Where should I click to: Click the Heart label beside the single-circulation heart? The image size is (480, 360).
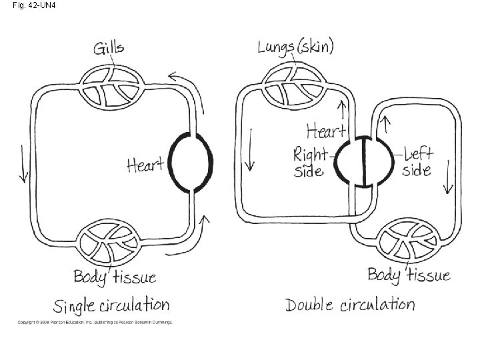(x=145, y=163)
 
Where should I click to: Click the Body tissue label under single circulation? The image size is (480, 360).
(x=115, y=276)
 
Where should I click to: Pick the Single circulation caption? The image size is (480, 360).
(x=111, y=307)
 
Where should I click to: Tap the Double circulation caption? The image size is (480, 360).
(x=350, y=305)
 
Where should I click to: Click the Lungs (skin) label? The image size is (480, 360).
(x=296, y=47)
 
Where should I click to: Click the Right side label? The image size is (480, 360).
(x=311, y=163)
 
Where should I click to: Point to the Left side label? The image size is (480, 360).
(x=417, y=162)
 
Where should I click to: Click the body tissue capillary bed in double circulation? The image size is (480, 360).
(x=407, y=241)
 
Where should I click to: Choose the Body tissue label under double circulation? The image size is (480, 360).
(x=409, y=275)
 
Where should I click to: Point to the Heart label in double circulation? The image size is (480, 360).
(x=325, y=130)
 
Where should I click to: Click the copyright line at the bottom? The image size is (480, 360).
(x=95, y=323)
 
